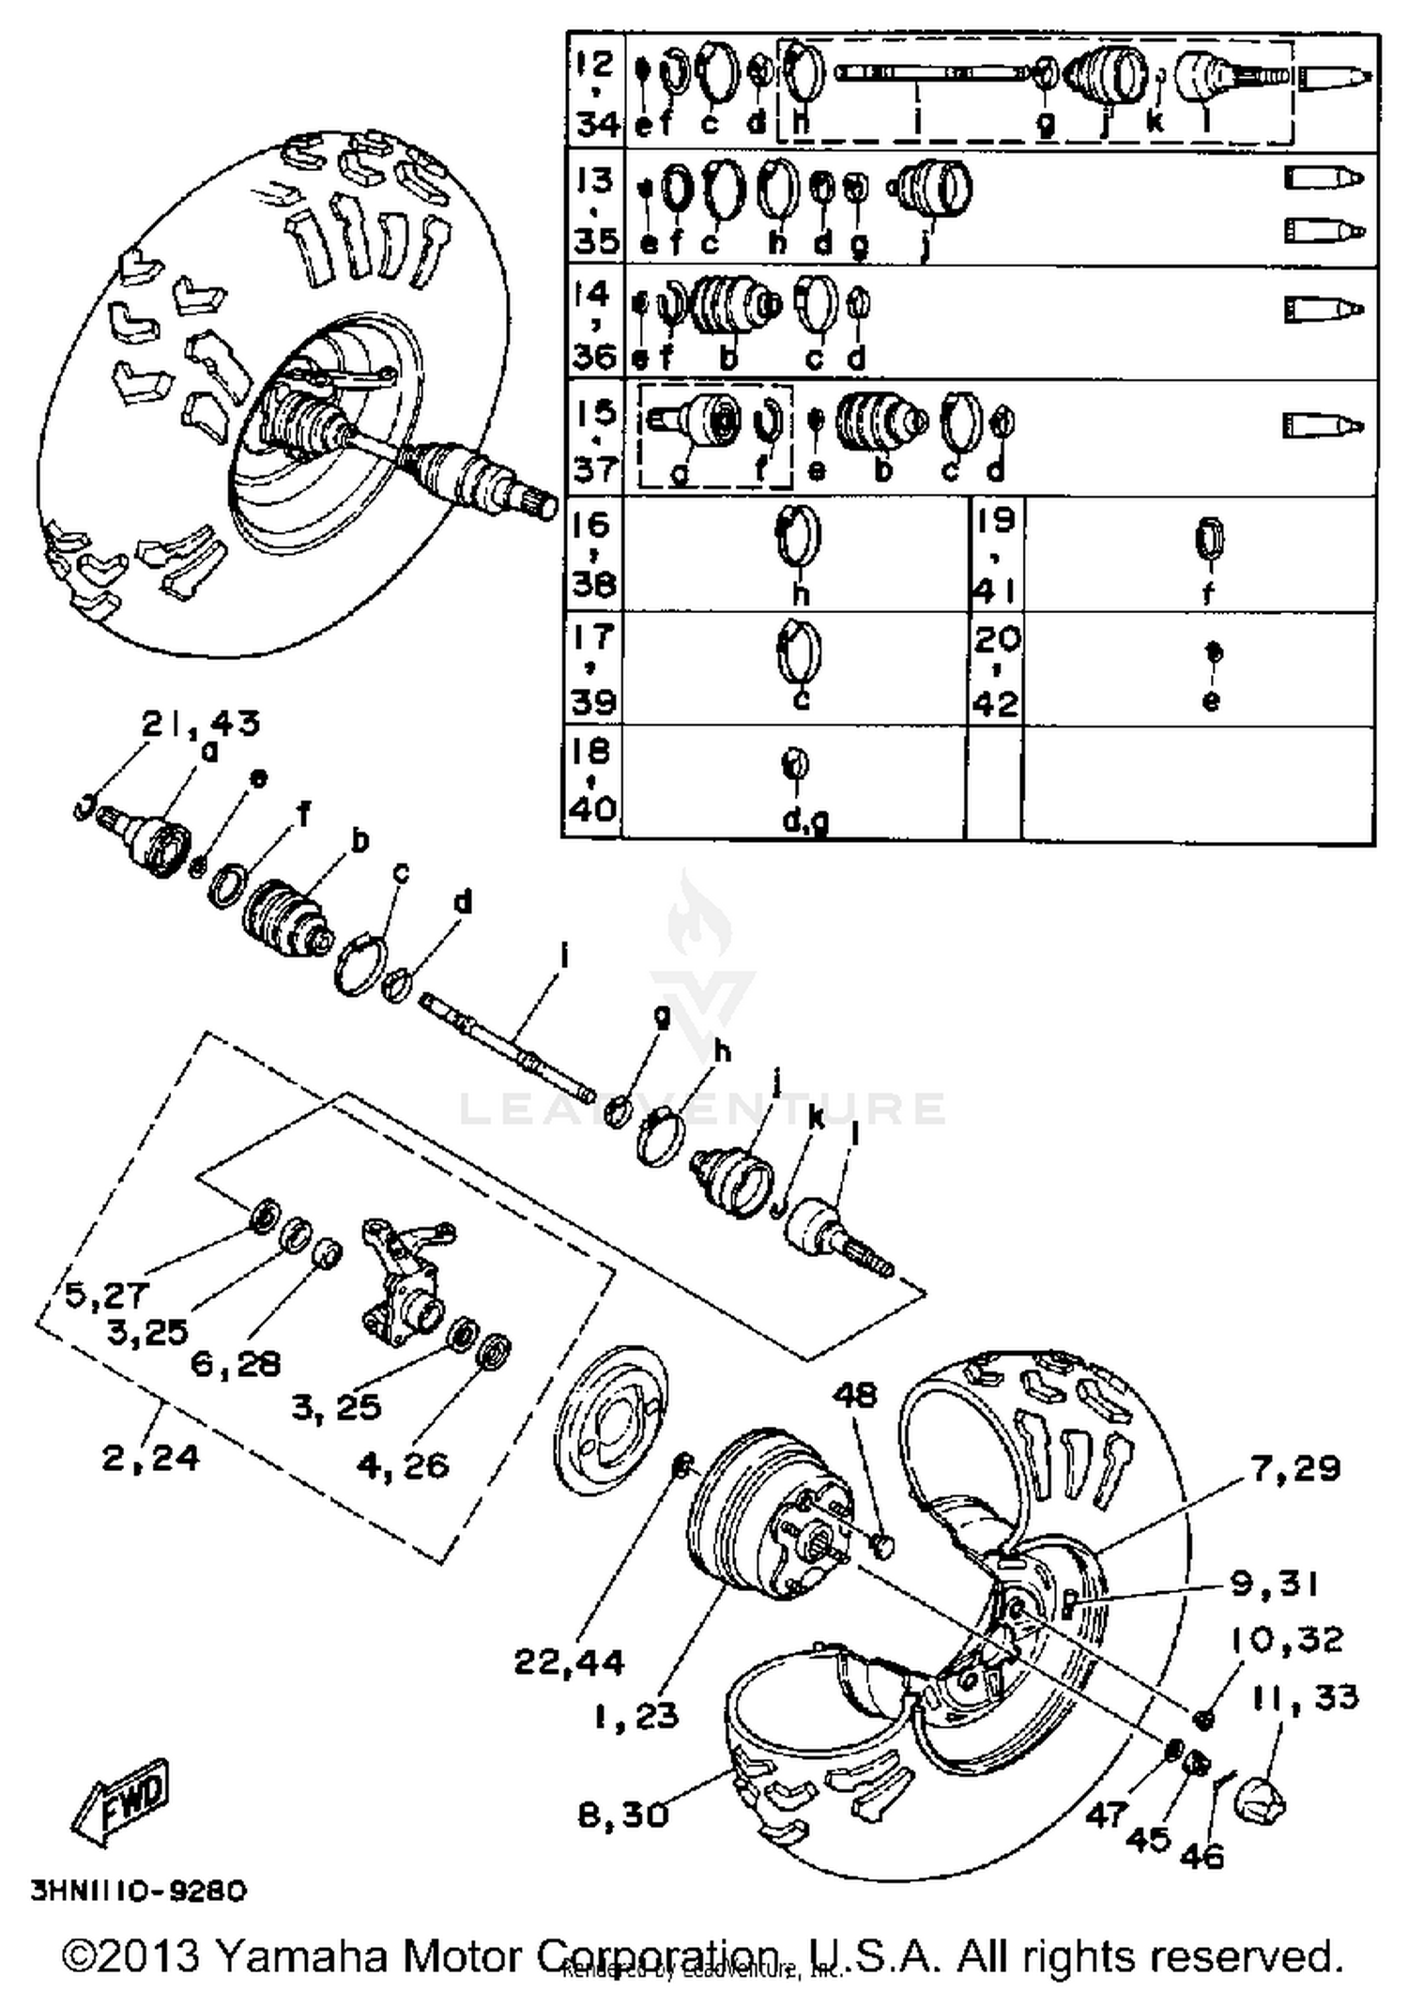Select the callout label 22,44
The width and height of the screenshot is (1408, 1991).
click(x=569, y=1662)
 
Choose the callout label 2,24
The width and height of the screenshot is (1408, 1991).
click(x=150, y=1457)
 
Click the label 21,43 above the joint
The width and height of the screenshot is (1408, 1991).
click(x=200, y=723)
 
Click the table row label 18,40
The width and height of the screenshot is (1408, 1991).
click(x=591, y=780)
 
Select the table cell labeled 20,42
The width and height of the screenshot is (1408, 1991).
click(x=996, y=669)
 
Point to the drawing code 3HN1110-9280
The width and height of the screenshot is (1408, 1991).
click(x=138, y=1890)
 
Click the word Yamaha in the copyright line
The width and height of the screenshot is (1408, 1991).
click(x=301, y=1956)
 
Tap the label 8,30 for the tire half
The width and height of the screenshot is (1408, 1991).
click(x=622, y=1814)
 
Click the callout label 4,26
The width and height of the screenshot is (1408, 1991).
click(x=403, y=1465)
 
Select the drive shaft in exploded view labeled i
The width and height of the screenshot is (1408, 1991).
click(x=507, y=1048)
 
